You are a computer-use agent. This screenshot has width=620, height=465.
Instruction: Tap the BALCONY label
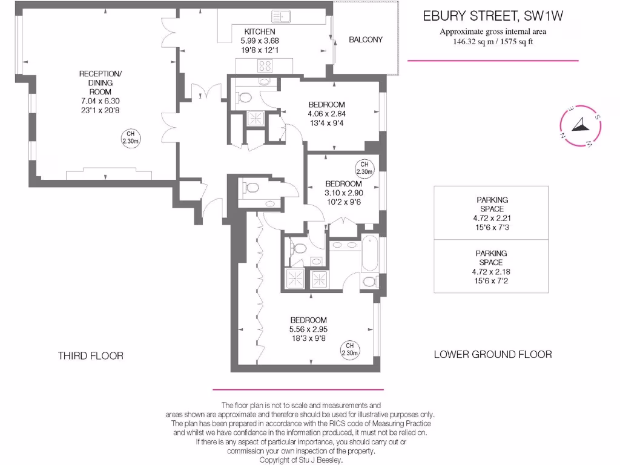pyautogui.click(x=366, y=40)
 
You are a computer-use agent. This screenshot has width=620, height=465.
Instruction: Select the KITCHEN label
pyautogui.click(x=260, y=31)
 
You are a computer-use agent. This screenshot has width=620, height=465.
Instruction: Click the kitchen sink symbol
pyautogui.click(x=282, y=16)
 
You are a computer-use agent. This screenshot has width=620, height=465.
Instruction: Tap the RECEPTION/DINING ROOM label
pyautogui.click(x=101, y=83)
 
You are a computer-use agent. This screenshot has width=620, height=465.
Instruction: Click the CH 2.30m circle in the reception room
pyautogui.click(x=131, y=138)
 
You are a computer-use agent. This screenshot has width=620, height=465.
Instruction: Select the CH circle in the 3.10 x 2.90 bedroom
pyautogui.click(x=364, y=168)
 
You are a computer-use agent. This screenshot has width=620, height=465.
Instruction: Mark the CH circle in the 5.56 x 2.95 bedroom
pyautogui.click(x=350, y=349)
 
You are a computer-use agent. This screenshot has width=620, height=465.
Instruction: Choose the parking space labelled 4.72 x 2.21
pyautogui.click(x=491, y=213)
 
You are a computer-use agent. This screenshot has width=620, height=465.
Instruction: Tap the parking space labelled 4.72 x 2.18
pyautogui.click(x=491, y=266)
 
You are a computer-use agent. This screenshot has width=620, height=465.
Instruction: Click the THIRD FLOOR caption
pyautogui.click(x=91, y=356)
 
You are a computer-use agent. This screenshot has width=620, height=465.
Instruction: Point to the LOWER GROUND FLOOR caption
pyautogui.click(x=493, y=354)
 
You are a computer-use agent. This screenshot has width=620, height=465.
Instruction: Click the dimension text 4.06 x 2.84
pyautogui.click(x=326, y=113)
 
